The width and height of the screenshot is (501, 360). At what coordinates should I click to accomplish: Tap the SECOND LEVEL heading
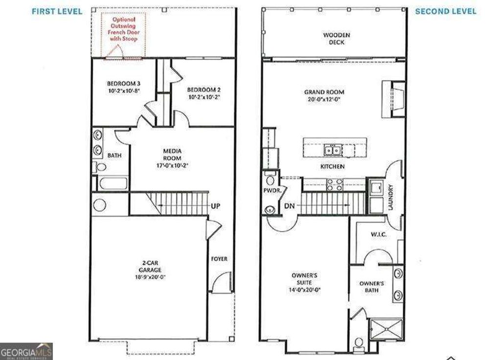pyautogui.click(x=445, y=11)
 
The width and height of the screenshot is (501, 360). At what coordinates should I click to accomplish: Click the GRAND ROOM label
pyautogui.click(x=324, y=95)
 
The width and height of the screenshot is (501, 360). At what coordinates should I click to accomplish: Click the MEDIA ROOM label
pyautogui.click(x=172, y=158)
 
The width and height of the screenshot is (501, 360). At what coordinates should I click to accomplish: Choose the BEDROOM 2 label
pyautogui.click(x=204, y=93)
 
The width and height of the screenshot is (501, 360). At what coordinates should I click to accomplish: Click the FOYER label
pyautogui.click(x=219, y=259)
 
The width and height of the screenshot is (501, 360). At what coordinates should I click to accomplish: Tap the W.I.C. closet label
pyautogui.click(x=379, y=235)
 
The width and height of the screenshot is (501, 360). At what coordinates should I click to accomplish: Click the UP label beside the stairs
pyautogui.click(x=215, y=206)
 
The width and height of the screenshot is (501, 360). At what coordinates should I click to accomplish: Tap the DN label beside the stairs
pyautogui.click(x=289, y=206)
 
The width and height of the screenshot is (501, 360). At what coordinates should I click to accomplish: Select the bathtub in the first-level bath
pyautogui.click(x=112, y=184)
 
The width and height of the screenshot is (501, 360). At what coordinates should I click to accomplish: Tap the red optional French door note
pyautogui.click(x=119, y=27)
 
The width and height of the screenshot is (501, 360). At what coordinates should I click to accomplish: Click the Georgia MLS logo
pyautogui.click(x=26, y=351)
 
